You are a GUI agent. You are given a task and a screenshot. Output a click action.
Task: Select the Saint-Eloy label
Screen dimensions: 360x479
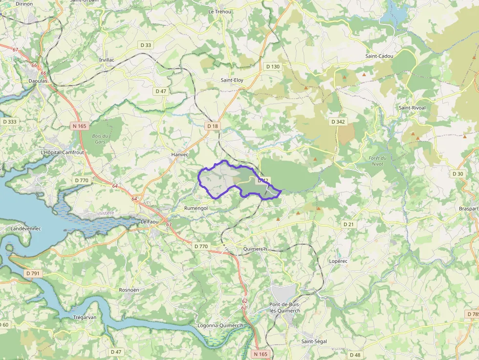click(232, 80)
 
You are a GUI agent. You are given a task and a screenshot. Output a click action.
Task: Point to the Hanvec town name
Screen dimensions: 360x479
click(179, 154)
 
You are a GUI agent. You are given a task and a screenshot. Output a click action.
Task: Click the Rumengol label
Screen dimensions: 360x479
click(196, 208)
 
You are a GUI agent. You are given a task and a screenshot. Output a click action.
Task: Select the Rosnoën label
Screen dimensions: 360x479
click(129, 290)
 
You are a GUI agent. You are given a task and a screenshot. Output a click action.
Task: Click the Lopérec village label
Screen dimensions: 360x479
click(338, 261)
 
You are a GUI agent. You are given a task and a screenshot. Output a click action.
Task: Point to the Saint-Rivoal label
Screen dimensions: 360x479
click(412, 107)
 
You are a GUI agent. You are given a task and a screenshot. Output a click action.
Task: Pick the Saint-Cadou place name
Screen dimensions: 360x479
click(379, 56)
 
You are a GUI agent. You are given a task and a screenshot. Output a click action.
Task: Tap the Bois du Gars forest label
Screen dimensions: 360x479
click(100, 139)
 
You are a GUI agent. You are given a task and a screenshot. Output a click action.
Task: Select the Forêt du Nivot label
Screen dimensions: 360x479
click(377, 161)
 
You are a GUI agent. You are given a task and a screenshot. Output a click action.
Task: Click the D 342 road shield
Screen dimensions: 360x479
click(338, 121)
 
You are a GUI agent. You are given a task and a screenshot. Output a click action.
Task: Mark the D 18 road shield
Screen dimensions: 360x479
click(213, 126)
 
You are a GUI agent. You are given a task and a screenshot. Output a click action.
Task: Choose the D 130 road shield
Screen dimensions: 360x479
click(273, 66)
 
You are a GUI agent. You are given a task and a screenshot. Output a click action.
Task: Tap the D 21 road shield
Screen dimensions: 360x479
click(348, 224)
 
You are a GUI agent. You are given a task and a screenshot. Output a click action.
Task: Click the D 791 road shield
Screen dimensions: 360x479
click(32, 274)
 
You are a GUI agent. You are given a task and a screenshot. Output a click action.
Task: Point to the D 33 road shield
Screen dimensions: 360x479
click(146, 45)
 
